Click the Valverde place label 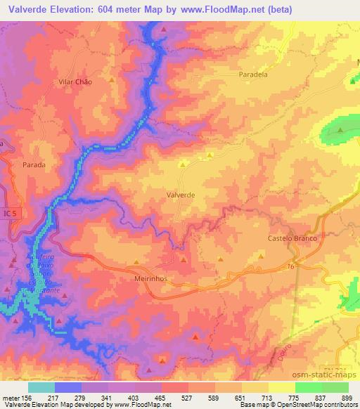(181, 196)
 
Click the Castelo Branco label (293, 238)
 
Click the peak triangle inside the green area (340, 130)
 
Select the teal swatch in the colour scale (41, 387)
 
